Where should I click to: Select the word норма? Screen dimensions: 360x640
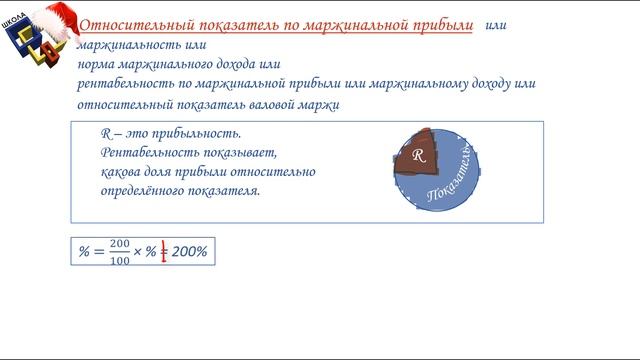pos(97,65)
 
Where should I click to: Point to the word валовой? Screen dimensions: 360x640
pos(272,103)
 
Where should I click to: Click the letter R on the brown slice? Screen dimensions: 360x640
pos(420,156)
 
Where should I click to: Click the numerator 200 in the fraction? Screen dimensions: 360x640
pos(121,244)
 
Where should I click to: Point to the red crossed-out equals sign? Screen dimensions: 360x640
pos(163,252)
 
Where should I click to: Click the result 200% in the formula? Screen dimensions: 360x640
pos(189,252)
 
